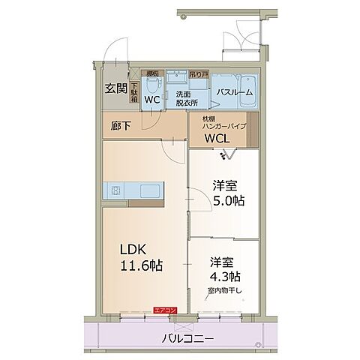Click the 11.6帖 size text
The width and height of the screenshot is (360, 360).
pyautogui.click(x=140, y=266)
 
